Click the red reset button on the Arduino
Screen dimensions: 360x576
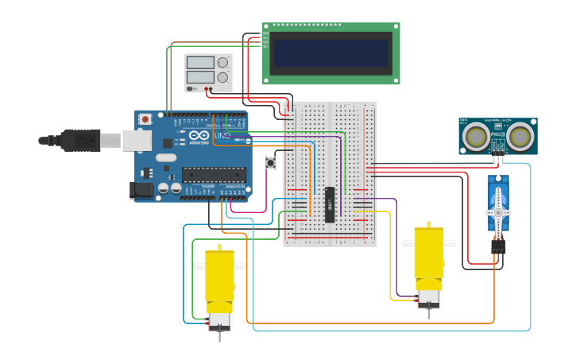click(x=145, y=119)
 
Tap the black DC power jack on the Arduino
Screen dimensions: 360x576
click(x=141, y=190)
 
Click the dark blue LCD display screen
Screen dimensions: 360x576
click(x=331, y=53)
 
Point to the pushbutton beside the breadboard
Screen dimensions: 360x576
click(x=271, y=163)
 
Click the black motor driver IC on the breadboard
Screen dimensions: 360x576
click(x=330, y=204)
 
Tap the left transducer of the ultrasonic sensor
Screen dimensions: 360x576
click(x=477, y=136)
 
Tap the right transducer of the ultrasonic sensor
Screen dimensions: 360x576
click(x=521, y=136)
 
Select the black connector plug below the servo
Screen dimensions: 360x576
click(x=498, y=247)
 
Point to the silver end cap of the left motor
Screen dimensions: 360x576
click(x=219, y=319)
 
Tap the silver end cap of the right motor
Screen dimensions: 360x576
click(x=429, y=298)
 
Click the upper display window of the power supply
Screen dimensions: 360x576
click(x=200, y=63)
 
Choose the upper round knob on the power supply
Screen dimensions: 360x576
click(x=222, y=62)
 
